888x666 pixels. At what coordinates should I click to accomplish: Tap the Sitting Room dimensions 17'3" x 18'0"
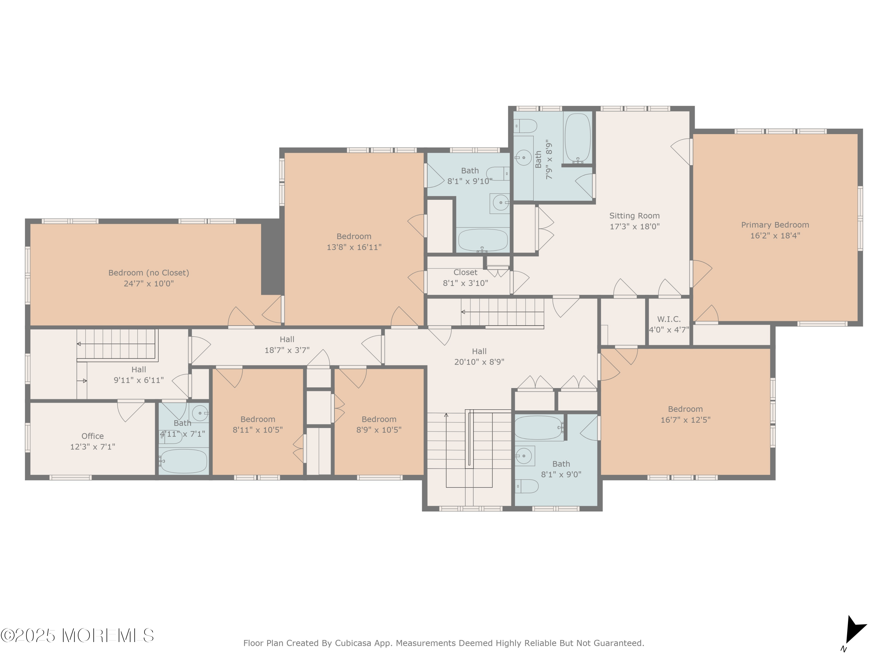tap(635, 226)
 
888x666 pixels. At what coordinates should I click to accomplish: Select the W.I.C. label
tap(669, 319)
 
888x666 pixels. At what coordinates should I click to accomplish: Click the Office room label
tap(92, 436)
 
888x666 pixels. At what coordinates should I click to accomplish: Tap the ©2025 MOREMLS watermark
tap(77, 636)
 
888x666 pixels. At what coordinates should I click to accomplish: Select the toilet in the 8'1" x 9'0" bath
tap(526, 486)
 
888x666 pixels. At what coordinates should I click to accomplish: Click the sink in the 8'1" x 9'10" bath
tap(500, 203)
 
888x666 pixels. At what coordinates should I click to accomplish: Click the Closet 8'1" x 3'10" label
tap(465, 278)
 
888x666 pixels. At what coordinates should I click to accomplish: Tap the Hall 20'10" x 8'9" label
tap(479, 356)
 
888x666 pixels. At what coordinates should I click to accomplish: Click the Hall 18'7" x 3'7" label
tap(287, 345)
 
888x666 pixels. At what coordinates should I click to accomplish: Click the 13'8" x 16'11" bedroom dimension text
tap(354, 247)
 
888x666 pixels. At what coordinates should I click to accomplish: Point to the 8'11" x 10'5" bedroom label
tap(258, 425)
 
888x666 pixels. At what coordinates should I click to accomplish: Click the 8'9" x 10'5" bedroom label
tap(379, 425)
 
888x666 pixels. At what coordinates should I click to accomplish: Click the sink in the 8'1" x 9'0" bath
tap(524, 456)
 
